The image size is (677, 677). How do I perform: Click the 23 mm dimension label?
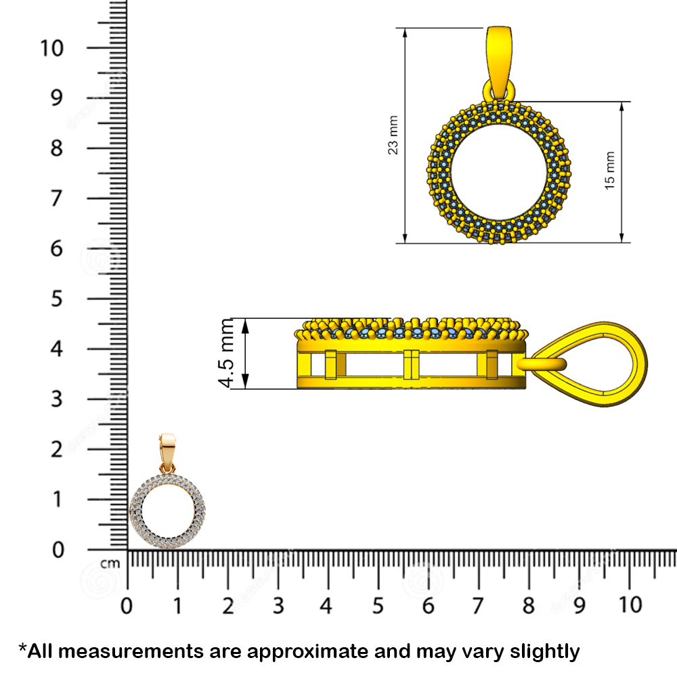coord(393,135)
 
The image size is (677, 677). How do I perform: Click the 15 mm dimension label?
coord(610,170)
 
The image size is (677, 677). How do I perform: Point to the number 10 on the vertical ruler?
coord(53,48)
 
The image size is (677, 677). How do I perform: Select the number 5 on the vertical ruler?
coord(57,299)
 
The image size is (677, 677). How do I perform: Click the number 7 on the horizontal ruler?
coord(479,605)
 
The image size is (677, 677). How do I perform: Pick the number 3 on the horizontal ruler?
coord(278,605)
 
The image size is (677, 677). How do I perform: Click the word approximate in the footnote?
coord(324,651)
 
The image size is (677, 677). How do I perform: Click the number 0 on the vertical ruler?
coord(57,549)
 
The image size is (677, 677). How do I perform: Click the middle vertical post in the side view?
coord(411,365)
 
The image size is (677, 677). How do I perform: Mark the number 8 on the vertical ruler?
coord(57,148)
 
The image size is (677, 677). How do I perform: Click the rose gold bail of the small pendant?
coord(167,450)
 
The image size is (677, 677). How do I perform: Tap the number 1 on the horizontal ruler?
coord(177,605)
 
